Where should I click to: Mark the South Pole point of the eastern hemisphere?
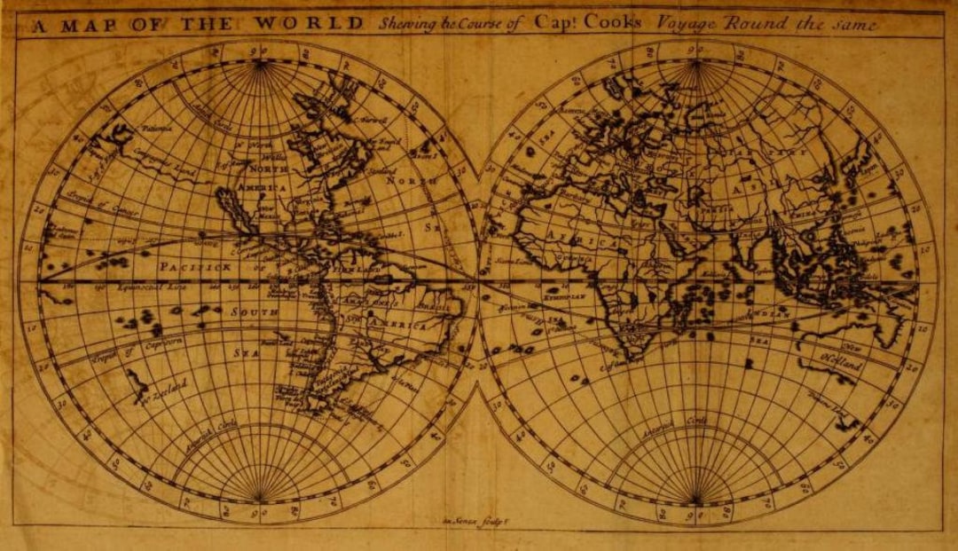pos(696,503)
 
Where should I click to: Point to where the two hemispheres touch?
pos(479,282)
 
